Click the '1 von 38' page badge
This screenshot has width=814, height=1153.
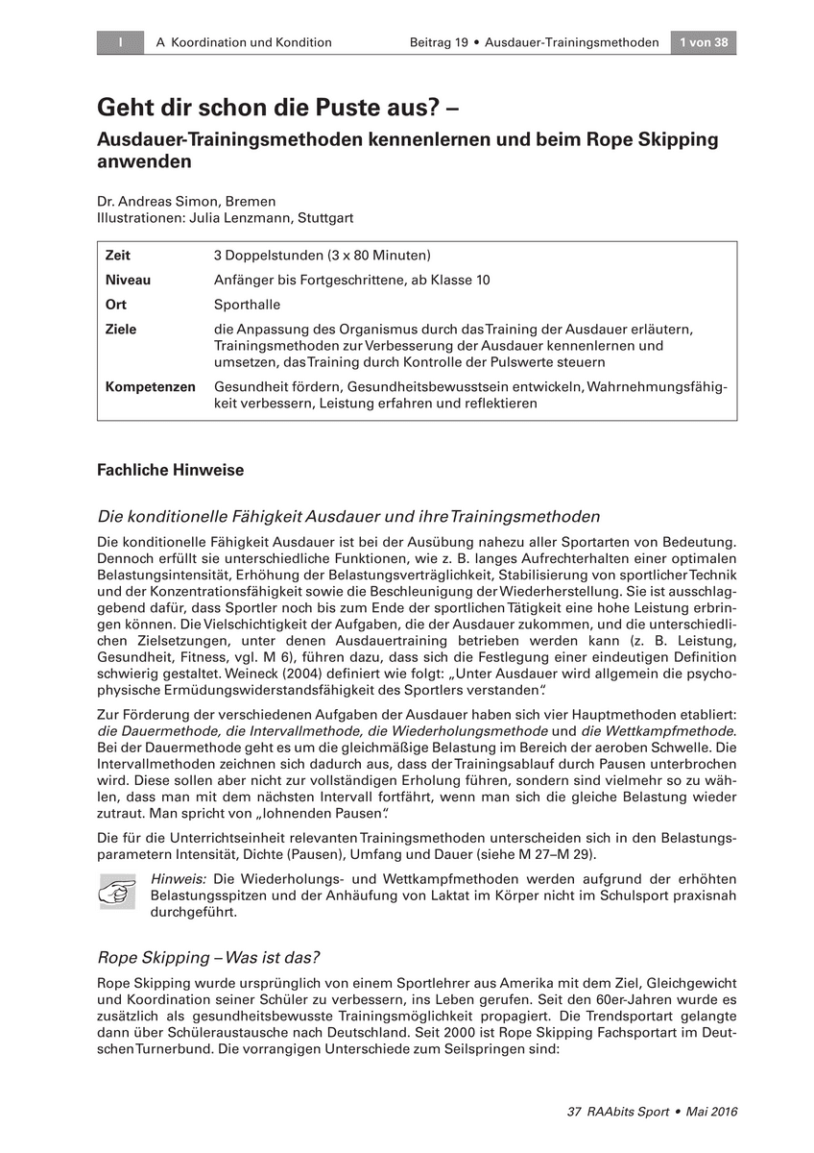pyautogui.click(x=704, y=42)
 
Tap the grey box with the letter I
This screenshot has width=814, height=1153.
pyautogui.click(x=120, y=42)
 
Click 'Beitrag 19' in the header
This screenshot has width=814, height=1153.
pyautogui.click(x=439, y=42)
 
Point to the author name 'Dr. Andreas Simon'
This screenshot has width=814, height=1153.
pyautogui.click(x=147, y=202)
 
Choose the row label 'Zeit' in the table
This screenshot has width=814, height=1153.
pyautogui.click(x=118, y=256)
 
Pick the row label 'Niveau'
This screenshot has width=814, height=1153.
pyautogui.click(x=128, y=280)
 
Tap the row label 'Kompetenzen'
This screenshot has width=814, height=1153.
pyautogui.click(x=151, y=386)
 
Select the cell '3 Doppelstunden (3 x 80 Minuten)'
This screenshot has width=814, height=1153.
pyautogui.click(x=323, y=256)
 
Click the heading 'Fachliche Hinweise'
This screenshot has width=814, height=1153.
pyautogui.click(x=171, y=470)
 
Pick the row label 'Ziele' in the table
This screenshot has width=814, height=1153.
pyautogui.click(x=121, y=330)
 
